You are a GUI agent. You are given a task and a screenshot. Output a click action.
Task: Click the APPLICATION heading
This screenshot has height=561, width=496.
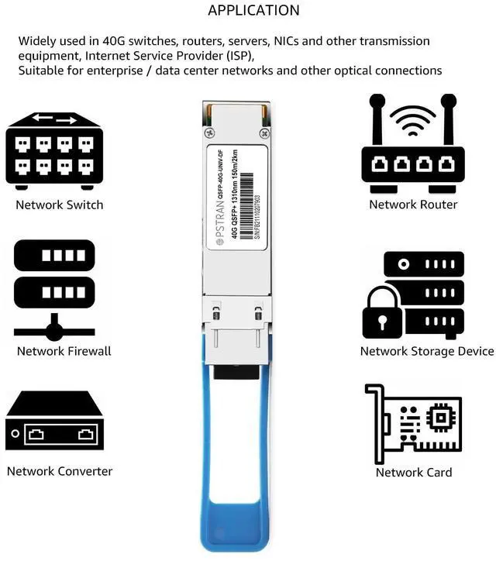pos(253,11)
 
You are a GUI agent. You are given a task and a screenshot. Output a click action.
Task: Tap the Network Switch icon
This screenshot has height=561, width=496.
pos(54,151)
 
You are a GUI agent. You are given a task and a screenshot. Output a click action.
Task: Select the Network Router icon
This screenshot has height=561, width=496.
pos(413,147)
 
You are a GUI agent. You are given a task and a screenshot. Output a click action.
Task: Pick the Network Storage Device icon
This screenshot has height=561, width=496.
pos(413,295)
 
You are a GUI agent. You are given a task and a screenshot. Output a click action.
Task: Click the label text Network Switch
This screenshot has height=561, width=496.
pos(60,205)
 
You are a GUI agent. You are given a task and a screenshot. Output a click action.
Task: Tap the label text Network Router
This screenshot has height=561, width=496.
pos(413,205)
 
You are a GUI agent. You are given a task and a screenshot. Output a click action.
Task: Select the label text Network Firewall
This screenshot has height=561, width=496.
pos(64,351)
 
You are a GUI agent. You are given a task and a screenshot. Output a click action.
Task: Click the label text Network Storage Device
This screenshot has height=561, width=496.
pos(426,351)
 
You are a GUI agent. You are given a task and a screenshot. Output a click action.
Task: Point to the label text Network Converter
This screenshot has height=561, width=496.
pos(60,471)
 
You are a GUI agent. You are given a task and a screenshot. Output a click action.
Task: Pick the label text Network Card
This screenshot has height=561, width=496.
pos(414,472)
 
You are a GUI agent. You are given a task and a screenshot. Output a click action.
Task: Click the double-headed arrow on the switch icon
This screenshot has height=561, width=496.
pos(54,120)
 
